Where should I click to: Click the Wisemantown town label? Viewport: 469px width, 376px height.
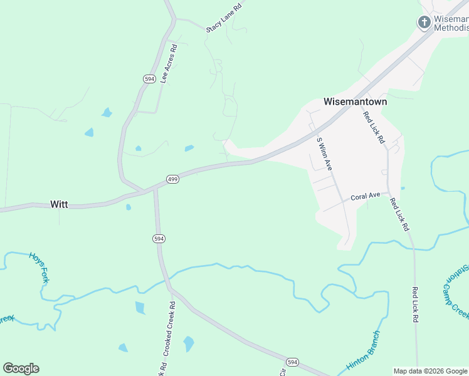(355, 102)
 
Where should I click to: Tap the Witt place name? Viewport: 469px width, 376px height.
(59, 204)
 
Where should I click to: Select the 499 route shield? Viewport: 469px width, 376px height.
(173, 180)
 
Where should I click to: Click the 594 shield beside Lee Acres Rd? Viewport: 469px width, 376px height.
(149, 79)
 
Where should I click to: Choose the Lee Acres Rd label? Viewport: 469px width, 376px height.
(167, 64)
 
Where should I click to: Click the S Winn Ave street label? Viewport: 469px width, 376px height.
(324, 154)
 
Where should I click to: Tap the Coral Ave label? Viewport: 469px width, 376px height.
(366, 196)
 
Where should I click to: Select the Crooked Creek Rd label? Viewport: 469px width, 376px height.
(167, 335)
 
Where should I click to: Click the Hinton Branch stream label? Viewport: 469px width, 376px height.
(363, 350)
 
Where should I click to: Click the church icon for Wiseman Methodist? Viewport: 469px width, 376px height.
(424, 23)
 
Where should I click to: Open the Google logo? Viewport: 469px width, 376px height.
(21, 368)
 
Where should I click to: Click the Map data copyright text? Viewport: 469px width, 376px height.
(431, 371)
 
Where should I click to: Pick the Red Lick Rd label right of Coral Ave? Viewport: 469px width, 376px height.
(399, 214)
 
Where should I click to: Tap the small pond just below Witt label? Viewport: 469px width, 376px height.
(128, 207)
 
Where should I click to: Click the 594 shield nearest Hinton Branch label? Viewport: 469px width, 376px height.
(292, 363)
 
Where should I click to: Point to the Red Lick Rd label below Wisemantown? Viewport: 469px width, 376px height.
(374, 128)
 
